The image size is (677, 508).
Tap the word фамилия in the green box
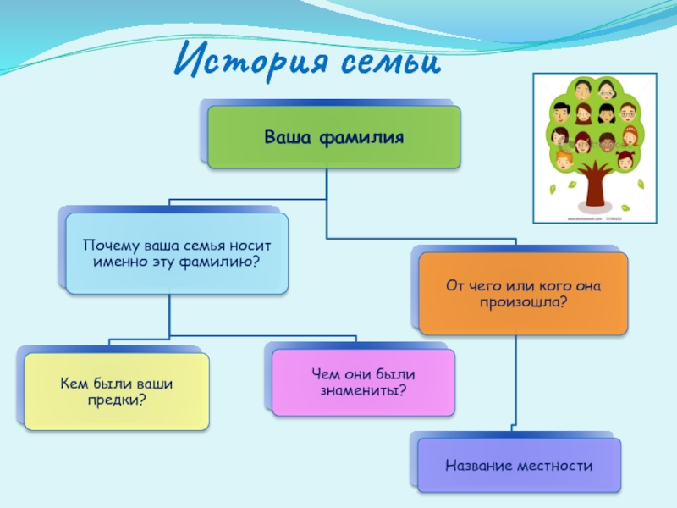[x=366, y=135]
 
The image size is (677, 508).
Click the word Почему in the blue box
[x=109, y=245]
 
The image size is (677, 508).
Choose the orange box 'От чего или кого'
[x=524, y=292]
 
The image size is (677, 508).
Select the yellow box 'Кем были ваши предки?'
[x=117, y=391]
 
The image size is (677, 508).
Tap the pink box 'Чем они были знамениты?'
[x=363, y=382]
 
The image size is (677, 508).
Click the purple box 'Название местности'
[x=519, y=465]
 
